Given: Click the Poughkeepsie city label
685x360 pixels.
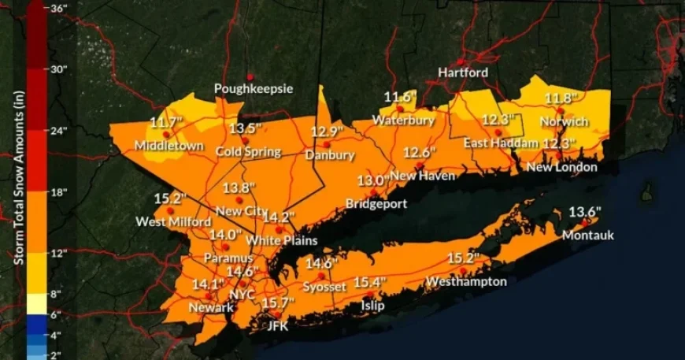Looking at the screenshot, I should pos(254,89).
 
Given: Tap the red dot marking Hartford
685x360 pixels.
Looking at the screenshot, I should pos(461,61).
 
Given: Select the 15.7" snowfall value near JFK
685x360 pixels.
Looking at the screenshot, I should pos(277,302).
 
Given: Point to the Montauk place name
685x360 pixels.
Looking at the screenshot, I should pos(587,235).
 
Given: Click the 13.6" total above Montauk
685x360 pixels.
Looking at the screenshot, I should pos(584,212).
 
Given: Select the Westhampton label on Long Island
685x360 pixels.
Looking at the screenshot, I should pos(466,281).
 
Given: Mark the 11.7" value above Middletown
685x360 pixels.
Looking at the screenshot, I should pos(166,122).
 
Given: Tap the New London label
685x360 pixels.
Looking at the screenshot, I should pos(561,167).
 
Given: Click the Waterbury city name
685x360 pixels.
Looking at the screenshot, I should pos(403,121).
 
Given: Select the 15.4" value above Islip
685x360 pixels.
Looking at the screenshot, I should pos(369,282).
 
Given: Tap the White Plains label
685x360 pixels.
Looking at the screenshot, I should pos(281,239).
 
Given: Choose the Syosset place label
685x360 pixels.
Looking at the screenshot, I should pos(324,287).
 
